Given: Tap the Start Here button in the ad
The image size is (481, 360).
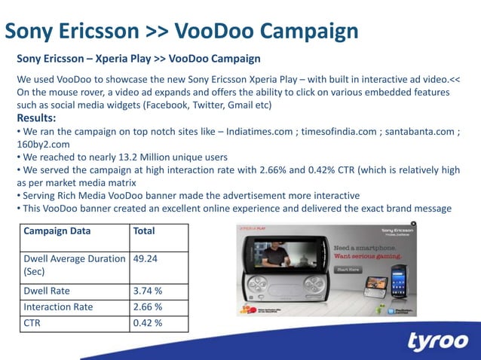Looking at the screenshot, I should tap(348, 269).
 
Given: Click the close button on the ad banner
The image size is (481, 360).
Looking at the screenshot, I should tap(413, 224).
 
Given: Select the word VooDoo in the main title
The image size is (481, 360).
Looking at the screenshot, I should tap(213, 31).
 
